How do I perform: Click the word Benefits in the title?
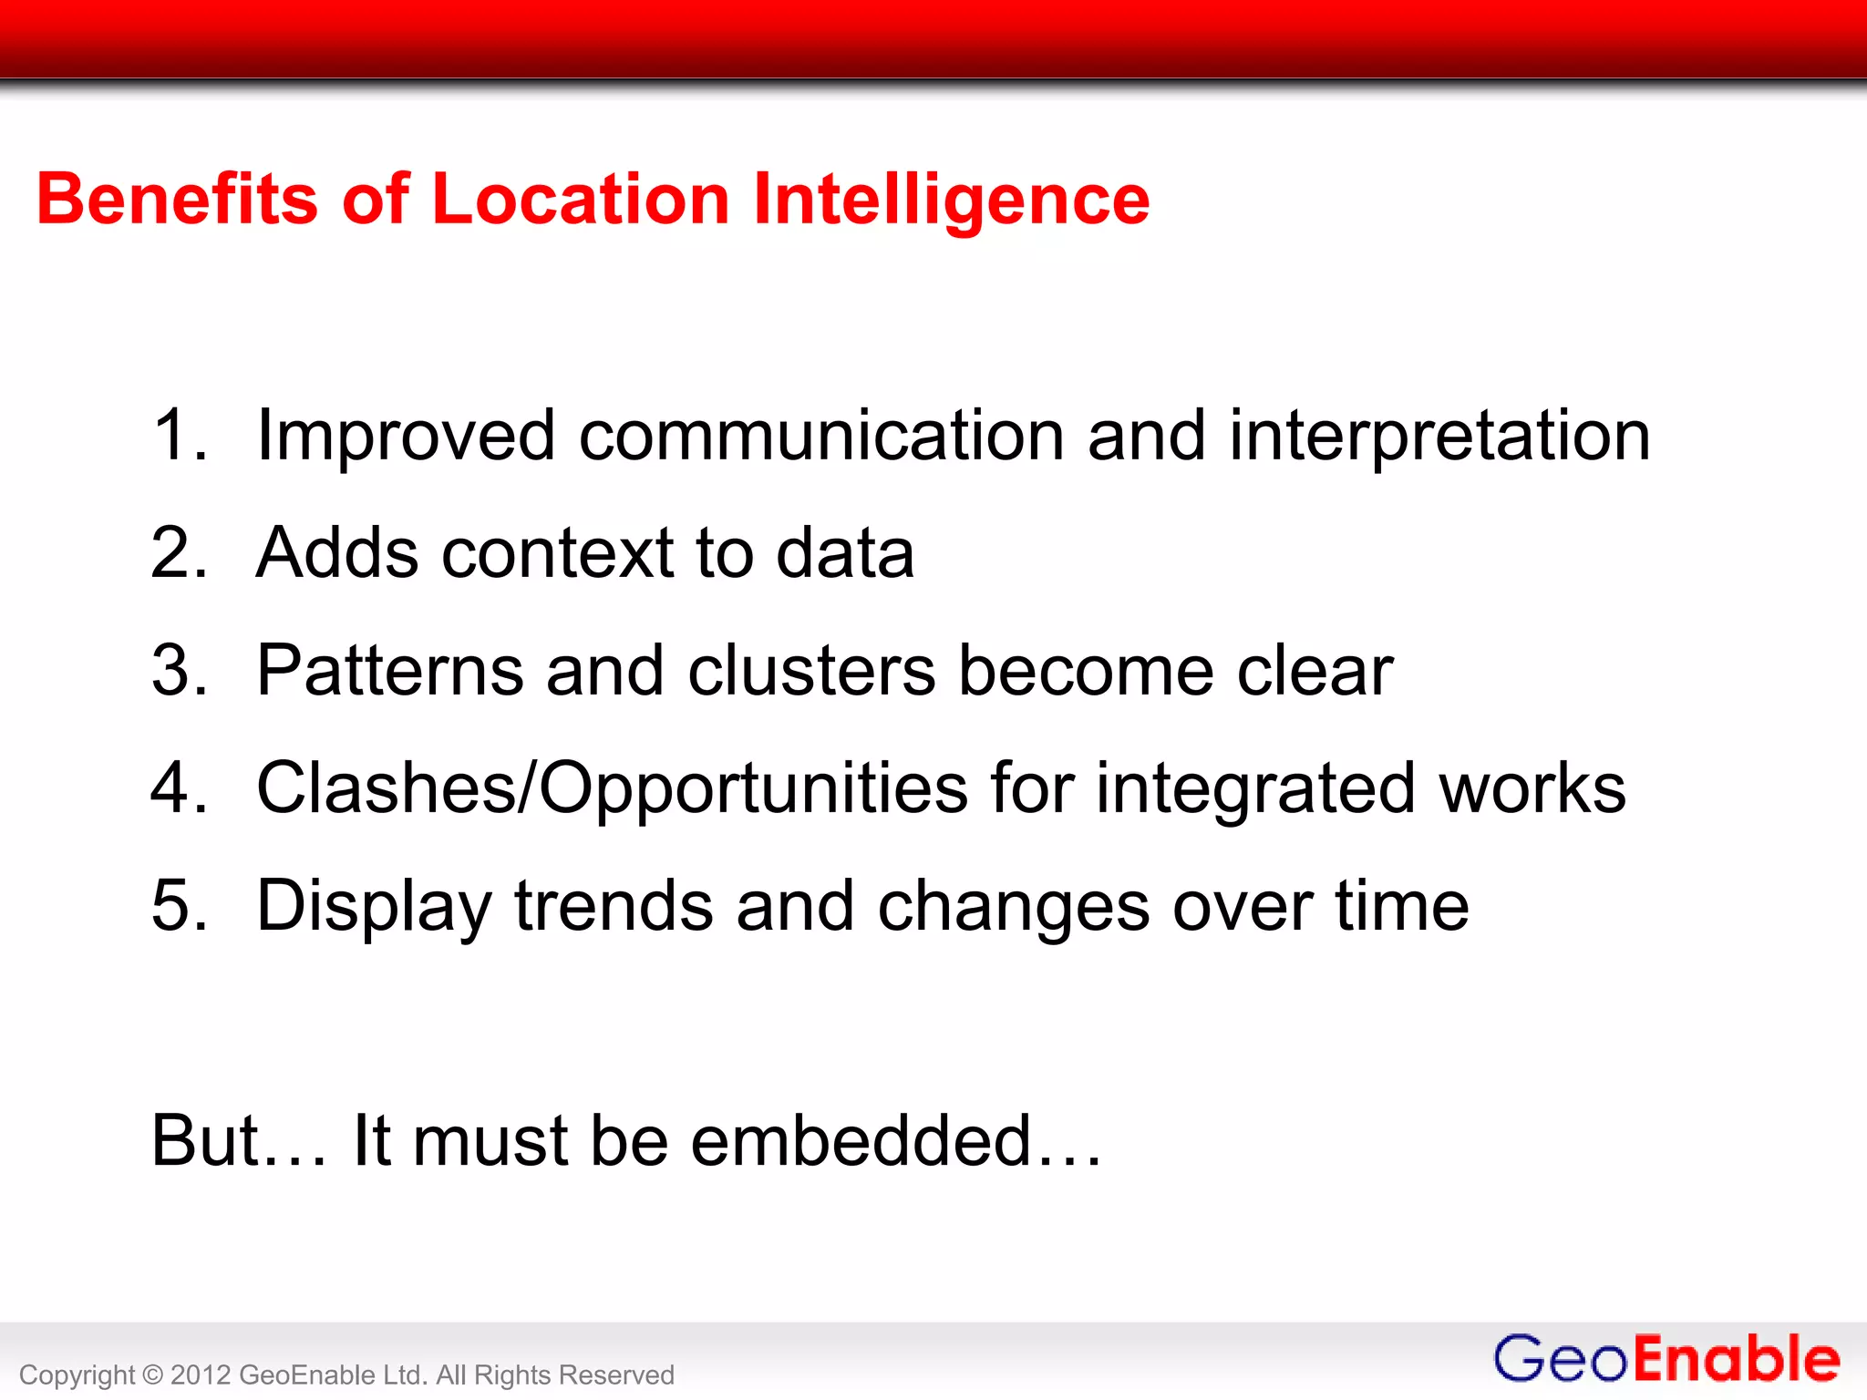(x=177, y=199)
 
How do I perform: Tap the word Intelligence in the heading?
(x=952, y=201)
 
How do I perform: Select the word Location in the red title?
(x=580, y=199)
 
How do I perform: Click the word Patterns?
(x=389, y=671)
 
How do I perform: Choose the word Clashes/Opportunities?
(x=612, y=789)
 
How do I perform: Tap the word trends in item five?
(x=614, y=906)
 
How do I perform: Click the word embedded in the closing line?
(x=861, y=1140)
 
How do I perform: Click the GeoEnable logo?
(x=1666, y=1359)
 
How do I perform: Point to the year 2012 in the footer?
(x=201, y=1374)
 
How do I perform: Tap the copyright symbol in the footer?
(x=152, y=1374)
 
